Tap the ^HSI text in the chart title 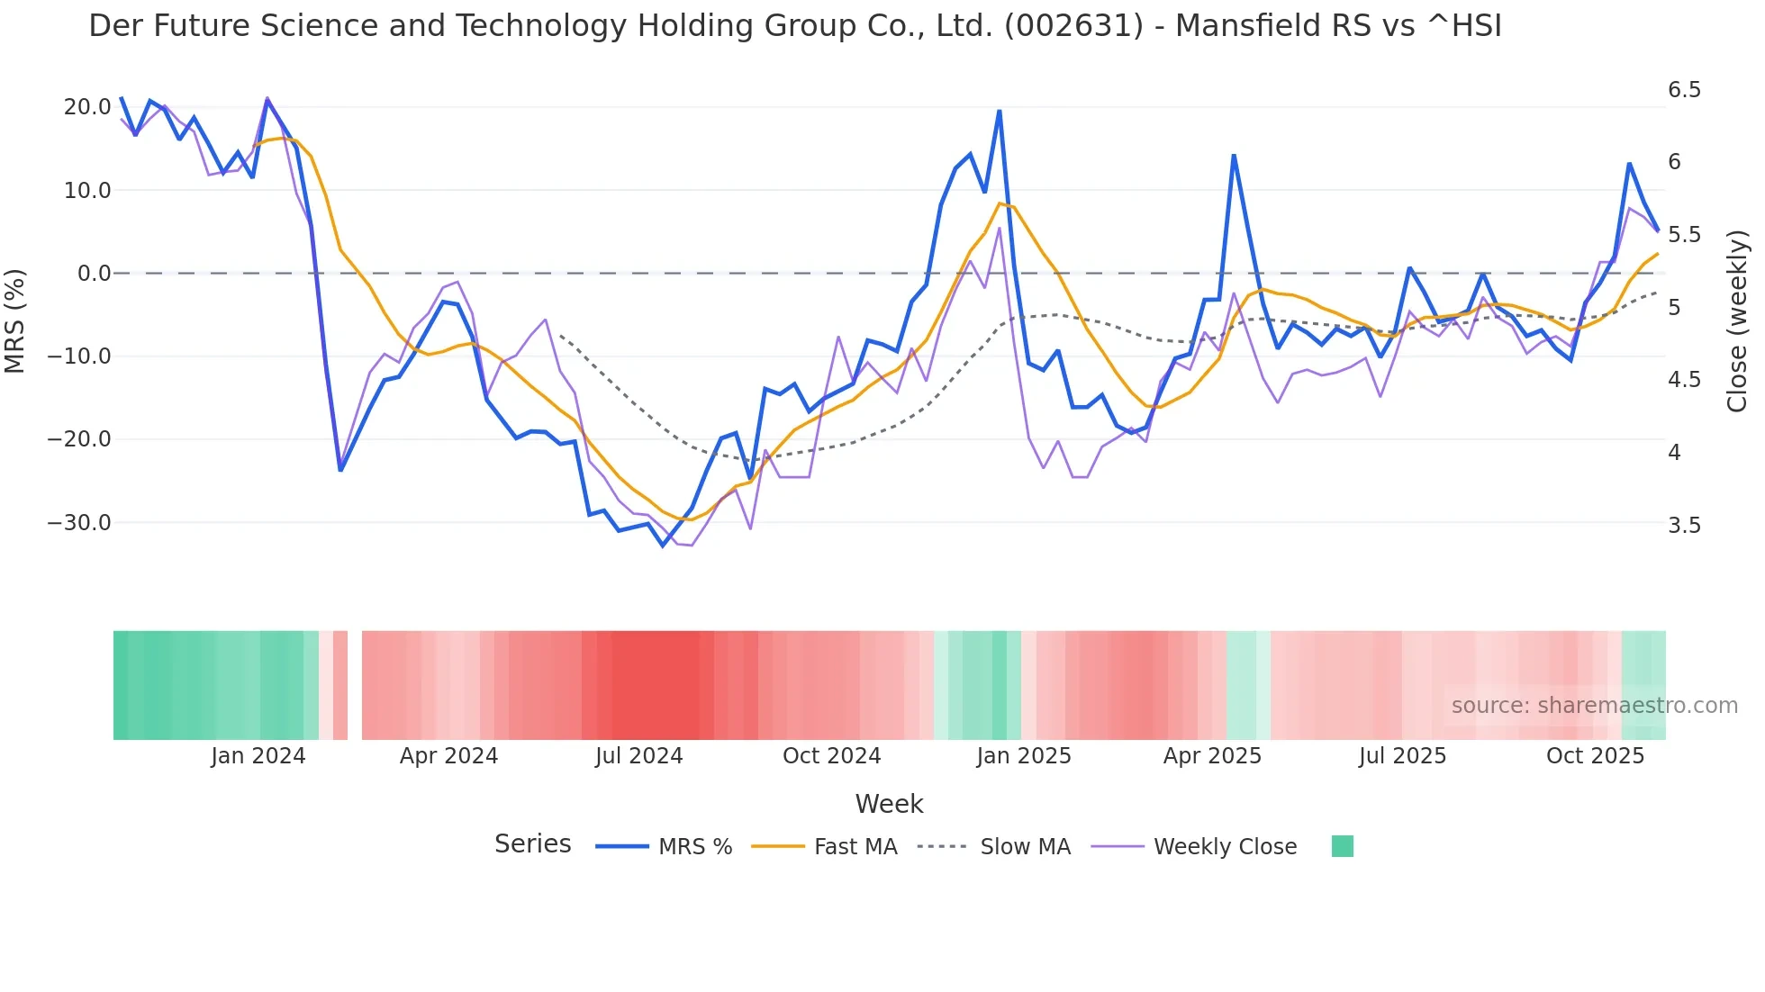[1464, 26]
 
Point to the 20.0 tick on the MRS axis [87, 107]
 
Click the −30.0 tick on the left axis [79, 523]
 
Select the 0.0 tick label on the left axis [94, 274]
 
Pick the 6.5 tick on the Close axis [1684, 90]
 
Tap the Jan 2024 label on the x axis [258, 756]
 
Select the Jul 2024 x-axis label [638, 756]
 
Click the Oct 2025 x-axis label [1595, 756]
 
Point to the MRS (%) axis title [15, 320]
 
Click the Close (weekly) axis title [1737, 321]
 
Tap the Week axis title [889, 804]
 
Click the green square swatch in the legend [1342, 846]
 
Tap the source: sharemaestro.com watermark [1594, 706]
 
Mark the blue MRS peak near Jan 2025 [999, 112]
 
